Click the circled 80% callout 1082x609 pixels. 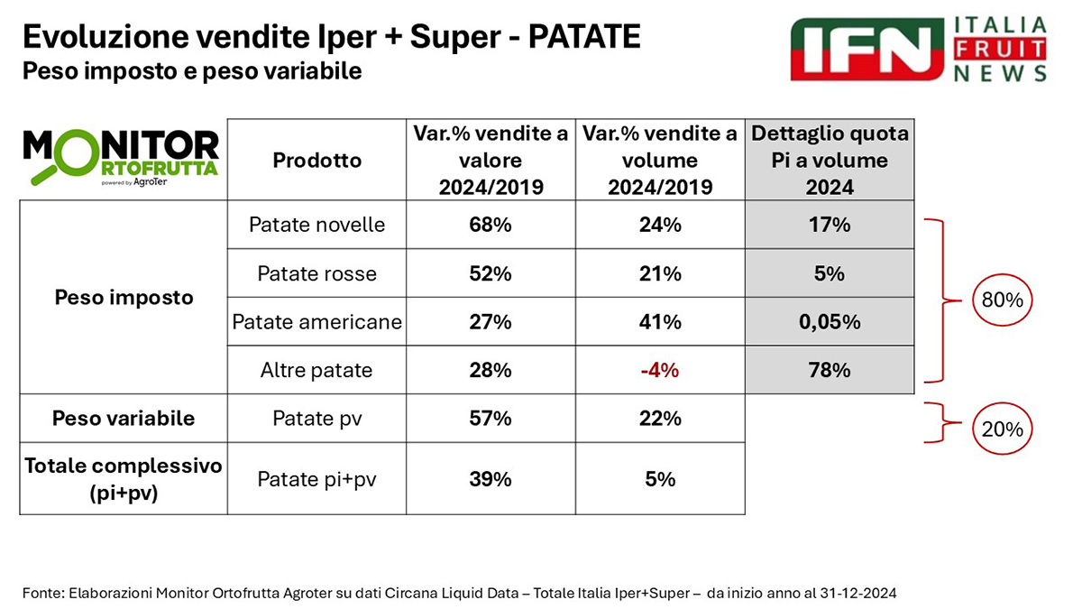(x=1001, y=300)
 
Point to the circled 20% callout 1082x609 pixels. (x=1001, y=429)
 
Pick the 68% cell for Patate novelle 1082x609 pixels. (x=490, y=225)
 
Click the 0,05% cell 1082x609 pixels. (x=830, y=322)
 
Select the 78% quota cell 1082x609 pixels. (x=830, y=370)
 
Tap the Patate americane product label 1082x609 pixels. (x=316, y=322)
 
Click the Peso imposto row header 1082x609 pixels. (x=124, y=297)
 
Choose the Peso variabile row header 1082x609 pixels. (x=124, y=419)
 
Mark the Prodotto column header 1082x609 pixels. (x=316, y=160)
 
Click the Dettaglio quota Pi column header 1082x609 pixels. (x=830, y=160)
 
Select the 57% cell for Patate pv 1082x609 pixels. (x=490, y=419)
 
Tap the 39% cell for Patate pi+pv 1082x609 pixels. (x=490, y=479)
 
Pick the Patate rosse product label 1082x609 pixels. (x=316, y=273)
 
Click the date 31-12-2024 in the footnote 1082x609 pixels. (x=857, y=593)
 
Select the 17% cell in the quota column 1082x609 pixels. (x=830, y=225)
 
